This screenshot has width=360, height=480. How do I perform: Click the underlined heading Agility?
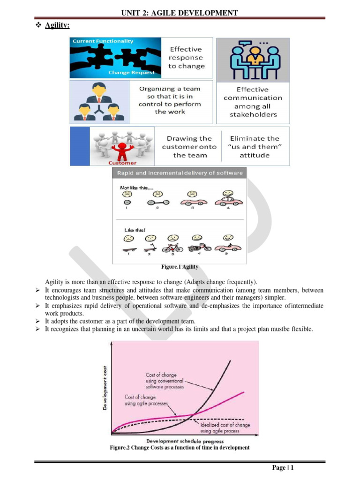pos(57,26)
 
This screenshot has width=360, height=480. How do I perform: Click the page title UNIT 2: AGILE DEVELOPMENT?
pos(179,13)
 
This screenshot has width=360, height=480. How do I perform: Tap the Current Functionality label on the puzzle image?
pos(103,41)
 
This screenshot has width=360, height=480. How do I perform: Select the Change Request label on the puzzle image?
pos(131,73)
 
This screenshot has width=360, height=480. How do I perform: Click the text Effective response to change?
pos(187,58)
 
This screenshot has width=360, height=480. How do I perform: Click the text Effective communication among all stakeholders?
pos(253,102)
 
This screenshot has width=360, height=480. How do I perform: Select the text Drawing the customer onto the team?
pos(189,147)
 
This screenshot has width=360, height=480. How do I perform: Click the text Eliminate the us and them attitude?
pos(255,147)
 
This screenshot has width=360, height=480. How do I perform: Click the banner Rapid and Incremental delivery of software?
pos(180,173)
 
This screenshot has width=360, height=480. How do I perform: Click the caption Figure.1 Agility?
pos(180,267)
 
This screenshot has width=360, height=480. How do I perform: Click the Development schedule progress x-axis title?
pos(185,441)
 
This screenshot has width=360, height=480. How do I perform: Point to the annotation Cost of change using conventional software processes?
pos(164,381)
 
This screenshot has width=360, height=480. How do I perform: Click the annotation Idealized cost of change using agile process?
pos(225,427)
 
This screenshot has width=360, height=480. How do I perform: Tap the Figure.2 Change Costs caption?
pos(180,448)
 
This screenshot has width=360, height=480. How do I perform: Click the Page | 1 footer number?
pos(283,468)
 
